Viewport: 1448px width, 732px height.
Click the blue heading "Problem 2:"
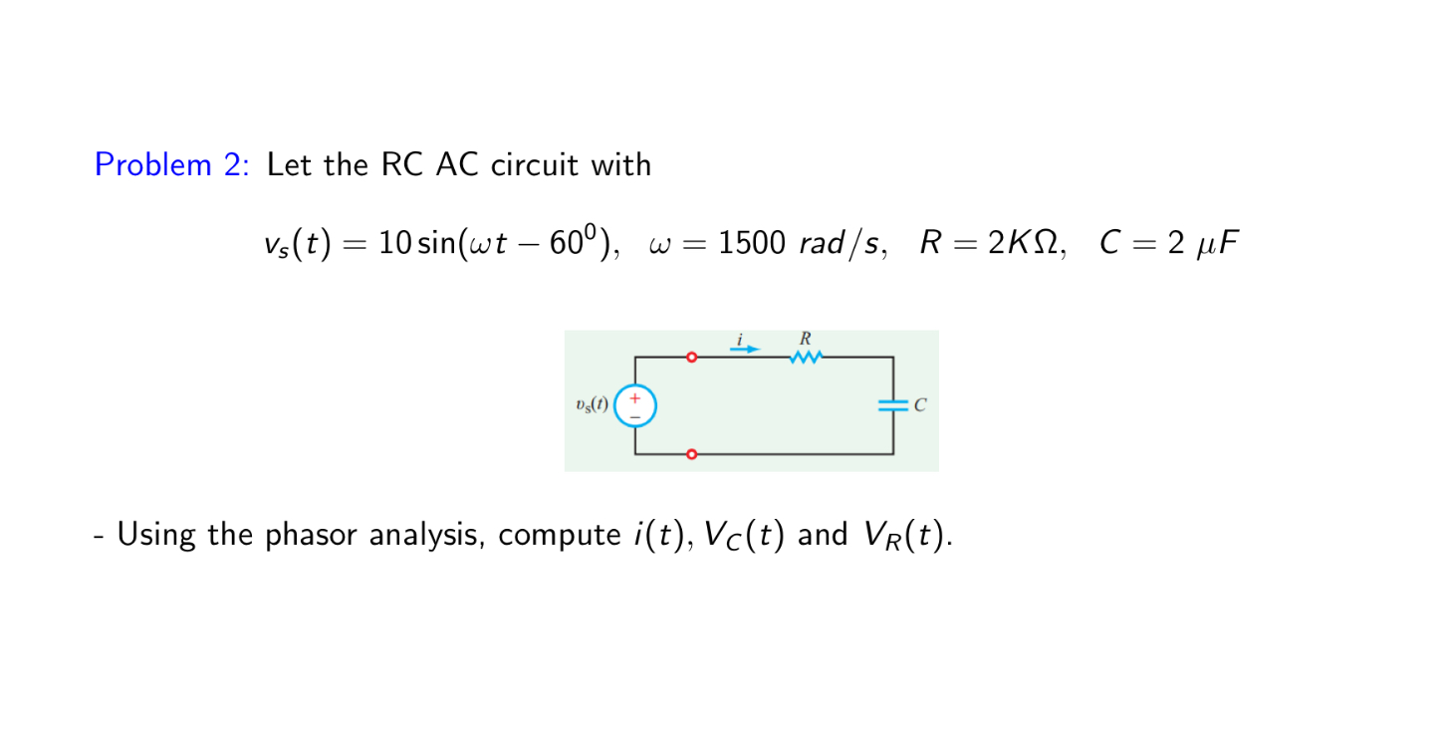(x=170, y=164)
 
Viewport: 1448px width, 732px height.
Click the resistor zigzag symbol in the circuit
(x=805, y=357)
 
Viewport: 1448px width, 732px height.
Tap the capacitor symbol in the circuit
(x=892, y=405)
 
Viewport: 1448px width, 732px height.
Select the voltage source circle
(x=634, y=405)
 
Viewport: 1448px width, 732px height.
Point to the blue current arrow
(x=745, y=350)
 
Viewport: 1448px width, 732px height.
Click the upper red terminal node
(x=691, y=357)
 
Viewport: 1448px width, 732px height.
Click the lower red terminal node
(x=691, y=454)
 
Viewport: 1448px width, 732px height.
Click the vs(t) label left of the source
(x=592, y=405)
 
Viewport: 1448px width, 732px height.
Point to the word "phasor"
(x=312, y=536)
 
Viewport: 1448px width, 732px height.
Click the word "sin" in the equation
(x=435, y=244)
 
